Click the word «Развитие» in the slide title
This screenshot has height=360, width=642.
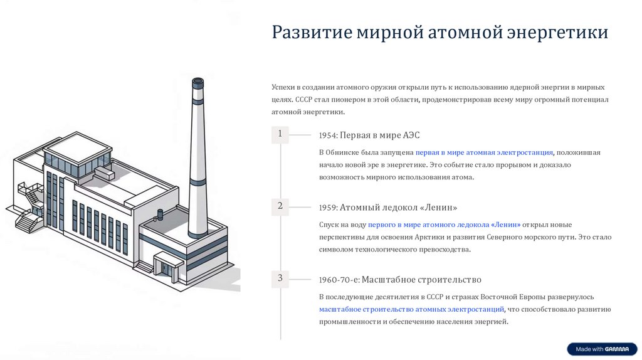pyautogui.click(x=312, y=32)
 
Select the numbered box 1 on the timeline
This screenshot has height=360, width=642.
pyautogui.click(x=280, y=134)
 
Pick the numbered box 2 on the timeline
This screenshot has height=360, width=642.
pyautogui.click(x=280, y=206)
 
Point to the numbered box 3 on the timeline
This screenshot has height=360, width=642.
pyautogui.click(x=280, y=278)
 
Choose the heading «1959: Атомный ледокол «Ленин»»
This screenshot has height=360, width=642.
pyautogui.click(x=388, y=207)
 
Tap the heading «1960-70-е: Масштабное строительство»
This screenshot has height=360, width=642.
pyautogui.click(x=400, y=280)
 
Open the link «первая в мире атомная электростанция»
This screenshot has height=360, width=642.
pyautogui.click(x=484, y=153)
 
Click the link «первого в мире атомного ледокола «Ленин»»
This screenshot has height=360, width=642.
pyautogui.click(x=445, y=225)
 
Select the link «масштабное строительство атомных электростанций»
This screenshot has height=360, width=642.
pyautogui.click(x=411, y=309)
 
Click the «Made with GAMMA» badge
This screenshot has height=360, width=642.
pyautogui.click(x=602, y=349)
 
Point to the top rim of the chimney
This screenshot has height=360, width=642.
pyautogui.click(x=197, y=82)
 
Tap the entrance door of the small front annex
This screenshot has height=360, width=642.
pyautogui.click(x=167, y=268)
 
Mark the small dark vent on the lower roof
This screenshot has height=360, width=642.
pyautogui.click(x=160, y=214)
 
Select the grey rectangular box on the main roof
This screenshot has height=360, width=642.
pyautogui.click(x=105, y=173)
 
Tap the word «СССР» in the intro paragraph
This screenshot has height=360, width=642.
pyautogui.click(x=304, y=100)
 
